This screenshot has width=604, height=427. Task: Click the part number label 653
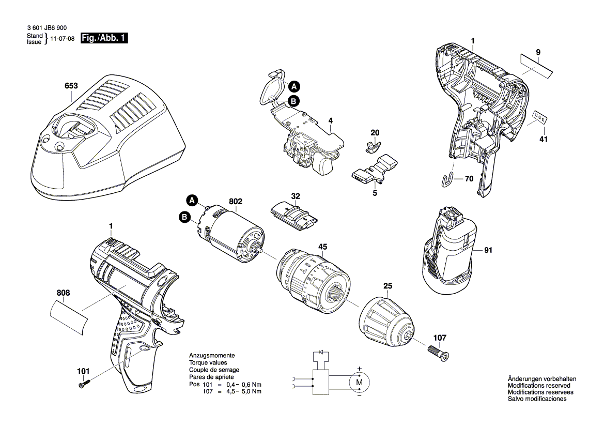pyautogui.click(x=71, y=85)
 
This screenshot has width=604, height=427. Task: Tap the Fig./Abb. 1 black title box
pyautogui.click(x=104, y=38)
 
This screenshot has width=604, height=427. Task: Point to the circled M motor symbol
pyautogui.click(x=359, y=383)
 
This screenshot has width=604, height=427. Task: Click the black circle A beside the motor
pyautogui.click(x=192, y=201)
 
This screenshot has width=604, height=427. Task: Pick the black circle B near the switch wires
pyautogui.click(x=293, y=101)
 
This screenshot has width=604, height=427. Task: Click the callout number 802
pyautogui.click(x=236, y=201)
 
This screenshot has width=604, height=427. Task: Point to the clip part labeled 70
pyautogui.click(x=447, y=180)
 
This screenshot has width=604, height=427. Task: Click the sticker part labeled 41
pyautogui.click(x=539, y=117)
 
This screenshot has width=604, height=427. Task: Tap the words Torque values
pyautogui.click(x=208, y=363)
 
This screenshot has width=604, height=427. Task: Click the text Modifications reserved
pyautogui.click(x=539, y=385)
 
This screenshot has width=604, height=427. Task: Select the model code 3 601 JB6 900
pyautogui.click(x=47, y=28)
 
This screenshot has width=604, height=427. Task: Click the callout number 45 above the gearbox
pyautogui.click(x=323, y=247)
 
